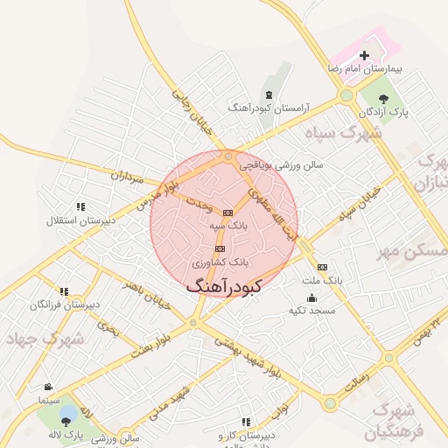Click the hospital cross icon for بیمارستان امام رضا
(365, 55)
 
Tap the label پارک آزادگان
(385, 112)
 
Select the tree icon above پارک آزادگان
(384, 97)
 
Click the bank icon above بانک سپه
(228, 213)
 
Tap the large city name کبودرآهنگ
(225, 285)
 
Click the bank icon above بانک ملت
(323, 267)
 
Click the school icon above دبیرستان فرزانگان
(63, 291)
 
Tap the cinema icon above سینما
(47, 387)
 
